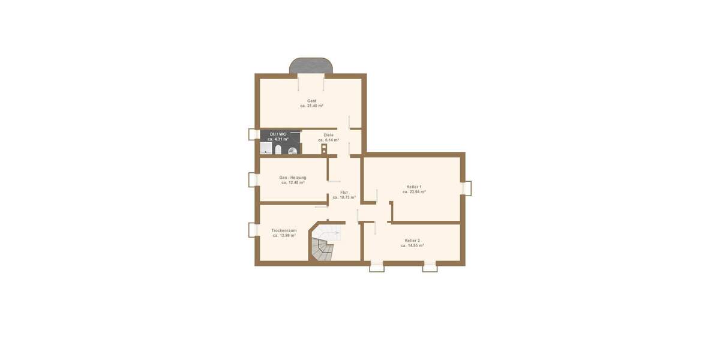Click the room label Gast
pyautogui.click(x=311, y=101)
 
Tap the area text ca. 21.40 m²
pyautogui.click(x=311, y=106)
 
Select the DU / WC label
pyautogui.click(x=278, y=134)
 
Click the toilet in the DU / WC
pyautogui.click(x=278, y=149)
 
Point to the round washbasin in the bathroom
pyautogui.click(x=292, y=151)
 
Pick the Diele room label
pyautogui.click(x=328, y=135)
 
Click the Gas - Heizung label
pyautogui.click(x=293, y=178)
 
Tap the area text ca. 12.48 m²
pyautogui.click(x=293, y=182)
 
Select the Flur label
pyautogui.click(x=344, y=192)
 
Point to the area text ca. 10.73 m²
pyautogui.click(x=344, y=197)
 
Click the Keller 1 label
pyautogui.click(x=414, y=187)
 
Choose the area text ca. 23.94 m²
pyautogui.click(x=414, y=192)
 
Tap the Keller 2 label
pyautogui.click(x=412, y=240)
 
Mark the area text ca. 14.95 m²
pyautogui.click(x=412, y=245)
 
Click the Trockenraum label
pyautogui.click(x=284, y=230)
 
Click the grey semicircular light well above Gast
pyautogui.click(x=311, y=65)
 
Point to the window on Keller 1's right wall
pyautogui.click(x=467, y=188)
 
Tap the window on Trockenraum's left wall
pyautogui.click(x=252, y=230)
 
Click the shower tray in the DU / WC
pyautogui.click(x=265, y=149)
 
